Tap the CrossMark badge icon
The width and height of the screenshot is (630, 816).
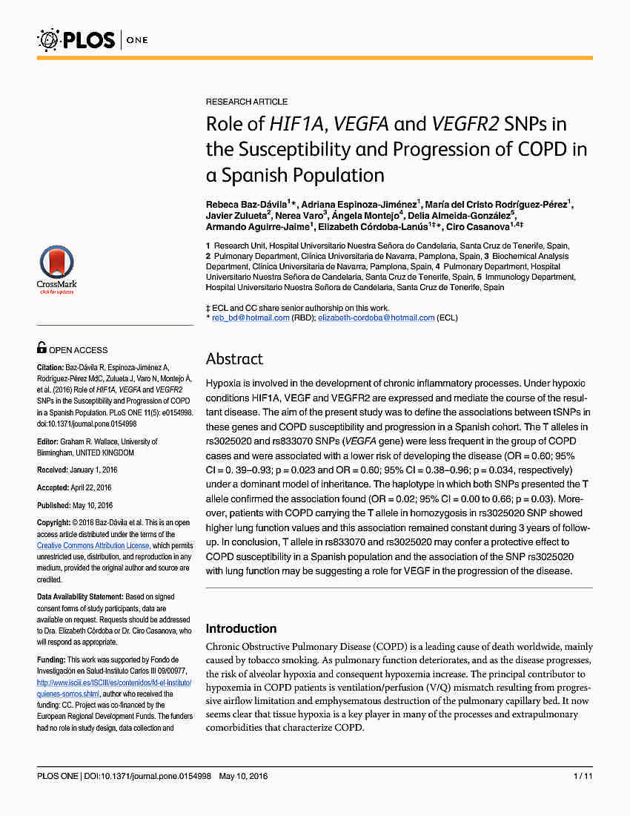pyautogui.click(x=56, y=269)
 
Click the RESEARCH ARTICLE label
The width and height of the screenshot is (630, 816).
pyautogui.click(x=247, y=102)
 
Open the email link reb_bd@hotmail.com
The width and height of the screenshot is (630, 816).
pyautogui.click(x=251, y=317)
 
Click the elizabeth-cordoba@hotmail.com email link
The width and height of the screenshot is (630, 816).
pyautogui.click(x=376, y=317)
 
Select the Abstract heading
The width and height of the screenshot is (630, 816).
pyautogui.click(x=234, y=359)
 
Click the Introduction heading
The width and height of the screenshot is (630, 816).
pyautogui.click(x=241, y=628)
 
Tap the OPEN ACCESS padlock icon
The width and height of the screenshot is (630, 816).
pyautogui.click(x=42, y=347)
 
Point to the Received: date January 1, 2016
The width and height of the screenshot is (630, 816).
pyautogui.click(x=76, y=470)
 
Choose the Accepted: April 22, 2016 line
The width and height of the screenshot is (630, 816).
pyautogui.click(x=74, y=487)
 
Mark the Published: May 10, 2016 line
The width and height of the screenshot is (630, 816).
pyautogui.click(x=74, y=505)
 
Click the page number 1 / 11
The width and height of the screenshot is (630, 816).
pyautogui.click(x=583, y=776)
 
